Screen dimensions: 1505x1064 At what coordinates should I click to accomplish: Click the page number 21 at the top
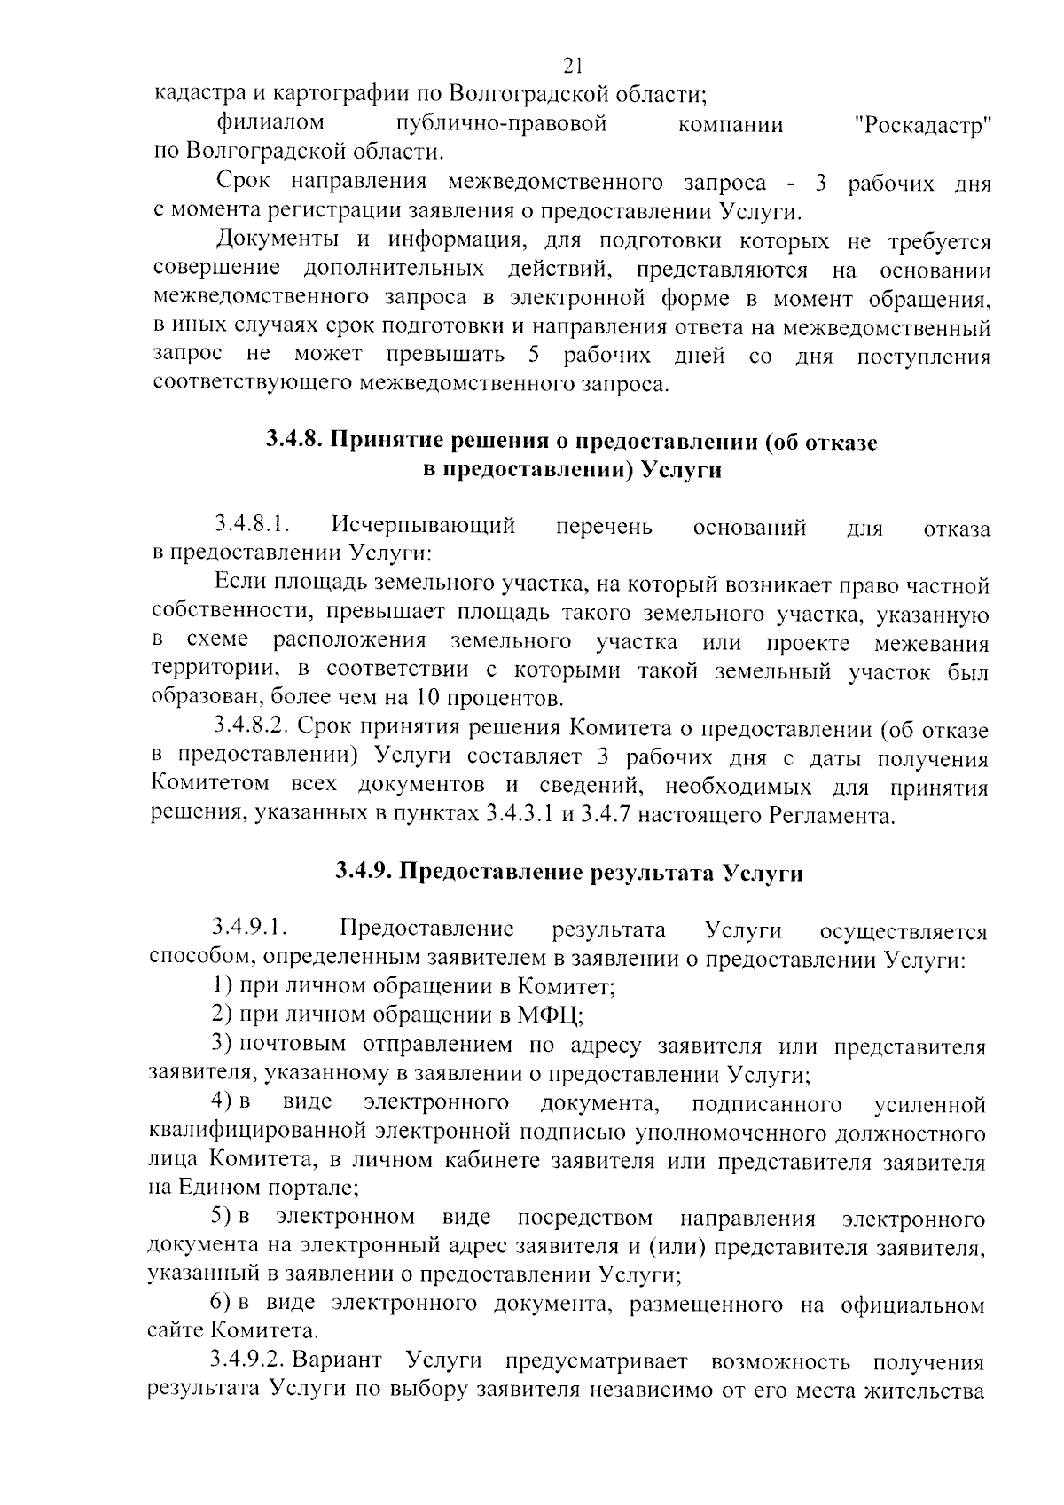(572, 65)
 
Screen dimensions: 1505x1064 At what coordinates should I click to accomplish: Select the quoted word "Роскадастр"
(922, 126)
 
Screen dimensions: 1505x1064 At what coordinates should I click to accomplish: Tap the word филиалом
(270, 122)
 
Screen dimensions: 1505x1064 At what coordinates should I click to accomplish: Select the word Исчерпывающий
(424, 527)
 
